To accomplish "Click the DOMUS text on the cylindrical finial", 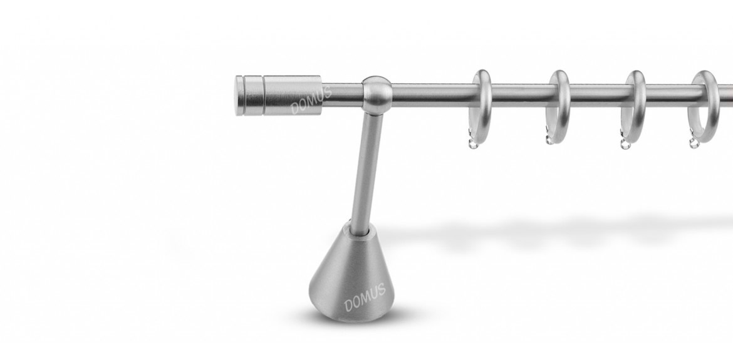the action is (311, 100).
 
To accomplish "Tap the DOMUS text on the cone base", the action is (365, 297).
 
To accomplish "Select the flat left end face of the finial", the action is (239, 96).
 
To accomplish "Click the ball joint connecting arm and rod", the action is (377, 95).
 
